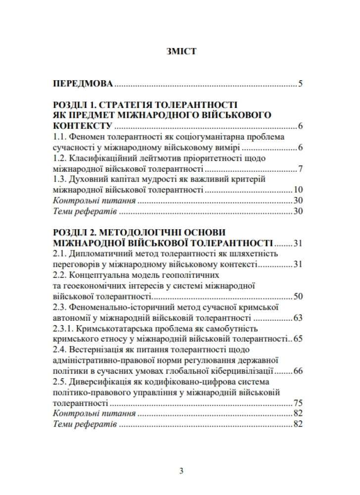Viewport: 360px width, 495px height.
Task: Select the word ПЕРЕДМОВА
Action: click(83, 83)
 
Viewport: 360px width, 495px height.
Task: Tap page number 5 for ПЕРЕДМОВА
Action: click(300, 83)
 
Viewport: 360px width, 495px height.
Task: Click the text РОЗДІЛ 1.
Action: click(75, 105)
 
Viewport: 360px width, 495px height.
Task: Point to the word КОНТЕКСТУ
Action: click(82, 126)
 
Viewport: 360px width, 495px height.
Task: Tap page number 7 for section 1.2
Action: click(300, 169)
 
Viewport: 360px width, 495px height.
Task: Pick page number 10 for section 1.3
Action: click(298, 190)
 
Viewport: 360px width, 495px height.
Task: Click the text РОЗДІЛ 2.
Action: click(75, 233)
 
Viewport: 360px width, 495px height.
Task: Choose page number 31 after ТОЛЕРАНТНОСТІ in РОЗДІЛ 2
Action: click(298, 243)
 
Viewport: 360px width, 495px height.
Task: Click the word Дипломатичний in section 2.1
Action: click(97, 254)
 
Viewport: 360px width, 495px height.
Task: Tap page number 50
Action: click(298, 297)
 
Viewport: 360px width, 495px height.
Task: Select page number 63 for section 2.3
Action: click(298, 318)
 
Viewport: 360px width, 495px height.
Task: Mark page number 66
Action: click(298, 371)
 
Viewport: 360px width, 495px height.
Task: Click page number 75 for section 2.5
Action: click(298, 402)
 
